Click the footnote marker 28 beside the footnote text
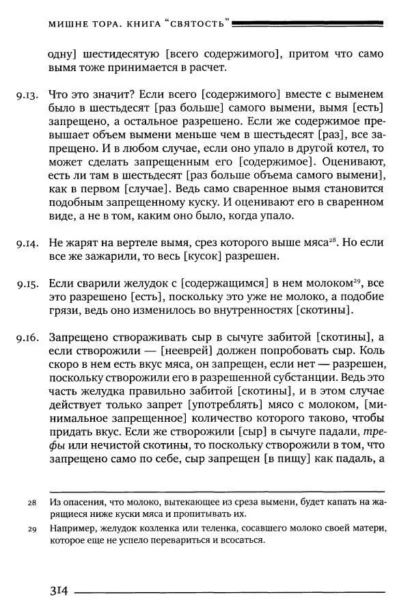(x=31, y=503)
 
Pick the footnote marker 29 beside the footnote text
(x=31, y=529)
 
